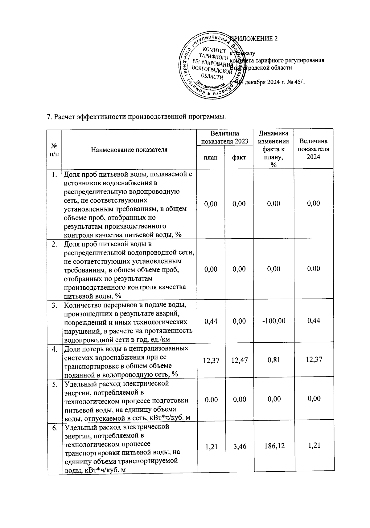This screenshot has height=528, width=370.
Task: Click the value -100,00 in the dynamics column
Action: (273, 321)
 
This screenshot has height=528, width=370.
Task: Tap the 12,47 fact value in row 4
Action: (239, 360)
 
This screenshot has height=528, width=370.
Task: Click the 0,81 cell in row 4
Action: (274, 359)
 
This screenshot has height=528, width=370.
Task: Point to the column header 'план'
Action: (211, 157)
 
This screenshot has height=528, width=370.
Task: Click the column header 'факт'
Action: (239, 157)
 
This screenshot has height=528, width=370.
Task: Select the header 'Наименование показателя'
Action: (129, 150)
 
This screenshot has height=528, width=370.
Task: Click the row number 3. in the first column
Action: (55, 305)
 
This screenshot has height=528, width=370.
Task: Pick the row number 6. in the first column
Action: (55, 428)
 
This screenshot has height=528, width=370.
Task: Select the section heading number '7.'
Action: (48, 117)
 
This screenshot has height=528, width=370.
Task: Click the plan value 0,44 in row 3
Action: (211, 321)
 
